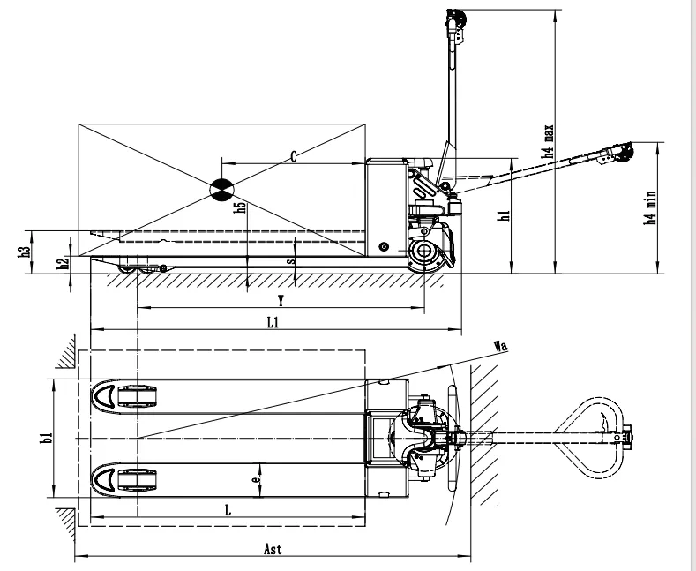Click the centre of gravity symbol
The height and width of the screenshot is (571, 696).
pyautogui.click(x=221, y=186)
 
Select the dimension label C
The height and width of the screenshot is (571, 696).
pyautogui.click(x=294, y=156)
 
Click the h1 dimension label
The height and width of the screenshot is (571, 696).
pyautogui.click(x=502, y=216)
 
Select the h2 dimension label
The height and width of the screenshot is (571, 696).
pyautogui.click(x=63, y=264)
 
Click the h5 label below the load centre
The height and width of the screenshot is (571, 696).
pyautogui.click(x=239, y=208)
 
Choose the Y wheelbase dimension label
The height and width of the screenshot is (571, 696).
pyautogui.click(x=280, y=300)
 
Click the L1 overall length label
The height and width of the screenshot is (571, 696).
pyautogui.click(x=273, y=323)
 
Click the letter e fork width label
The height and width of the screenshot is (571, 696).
pyautogui.click(x=255, y=479)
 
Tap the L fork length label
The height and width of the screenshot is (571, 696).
pyautogui.click(x=228, y=510)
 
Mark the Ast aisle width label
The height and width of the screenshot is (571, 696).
pyautogui.click(x=273, y=548)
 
